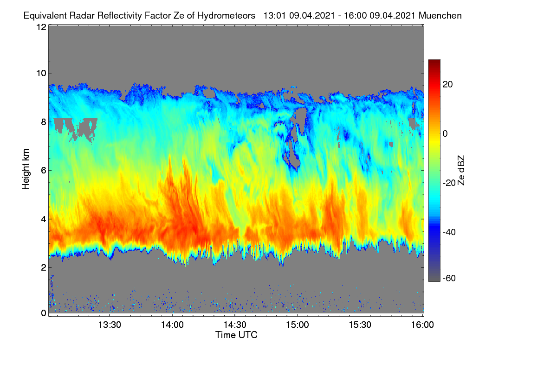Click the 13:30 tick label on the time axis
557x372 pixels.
(x=110, y=325)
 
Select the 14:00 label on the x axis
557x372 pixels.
(x=172, y=325)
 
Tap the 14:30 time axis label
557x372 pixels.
(x=235, y=325)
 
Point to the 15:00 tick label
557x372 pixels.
(x=298, y=325)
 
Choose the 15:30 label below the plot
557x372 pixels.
(x=360, y=325)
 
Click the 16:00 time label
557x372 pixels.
(x=422, y=325)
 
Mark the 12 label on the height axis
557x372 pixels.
(x=41, y=27)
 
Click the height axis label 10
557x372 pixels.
(x=41, y=73)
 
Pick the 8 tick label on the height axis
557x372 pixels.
(x=44, y=122)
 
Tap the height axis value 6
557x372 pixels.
(x=44, y=171)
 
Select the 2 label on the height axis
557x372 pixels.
(x=44, y=267)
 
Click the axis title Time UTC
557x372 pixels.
(x=236, y=335)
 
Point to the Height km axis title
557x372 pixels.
(x=26, y=169)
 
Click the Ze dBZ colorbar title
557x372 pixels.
(x=461, y=171)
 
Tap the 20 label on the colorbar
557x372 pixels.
(x=447, y=85)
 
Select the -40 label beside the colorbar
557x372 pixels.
(x=449, y=232)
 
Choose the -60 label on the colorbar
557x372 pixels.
(x=449, y=278)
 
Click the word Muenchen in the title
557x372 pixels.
(x=440, y=15)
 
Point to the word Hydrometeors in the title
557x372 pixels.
(x=227, y=16)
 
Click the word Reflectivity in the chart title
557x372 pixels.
(x=119, y=16)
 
